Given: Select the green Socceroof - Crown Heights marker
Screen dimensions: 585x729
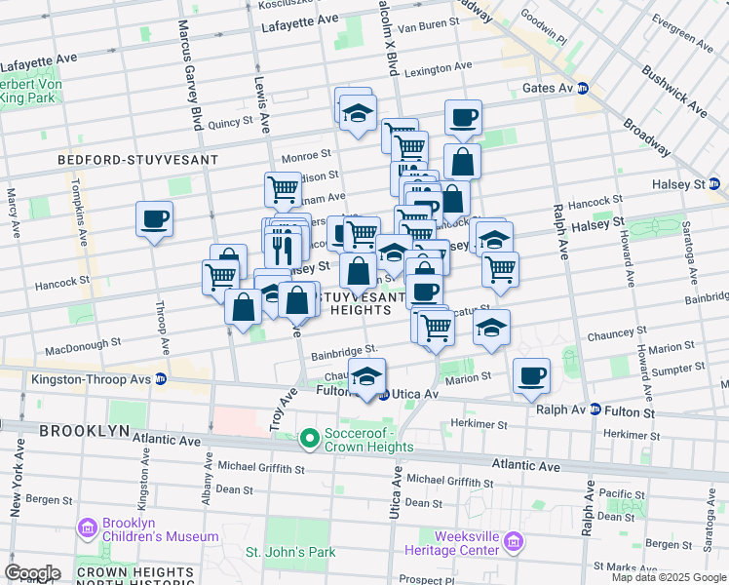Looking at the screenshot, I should [310, 440].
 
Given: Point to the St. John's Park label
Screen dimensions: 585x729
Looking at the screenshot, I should [289, 553].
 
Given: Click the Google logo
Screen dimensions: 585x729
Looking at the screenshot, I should [32, 572].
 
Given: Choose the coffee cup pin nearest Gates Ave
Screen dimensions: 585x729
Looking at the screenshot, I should [463, 118].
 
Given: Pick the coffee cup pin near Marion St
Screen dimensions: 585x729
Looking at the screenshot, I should [531, 375].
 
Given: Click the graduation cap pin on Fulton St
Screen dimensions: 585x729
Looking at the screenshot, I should [366, 376].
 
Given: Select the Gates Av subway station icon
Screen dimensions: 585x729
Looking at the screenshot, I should [584, 88].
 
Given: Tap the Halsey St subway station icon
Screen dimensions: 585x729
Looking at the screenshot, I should [714, 183].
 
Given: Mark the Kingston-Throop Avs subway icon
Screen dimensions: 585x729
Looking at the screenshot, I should [160, 378].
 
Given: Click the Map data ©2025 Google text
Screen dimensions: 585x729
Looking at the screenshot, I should [668, 577].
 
